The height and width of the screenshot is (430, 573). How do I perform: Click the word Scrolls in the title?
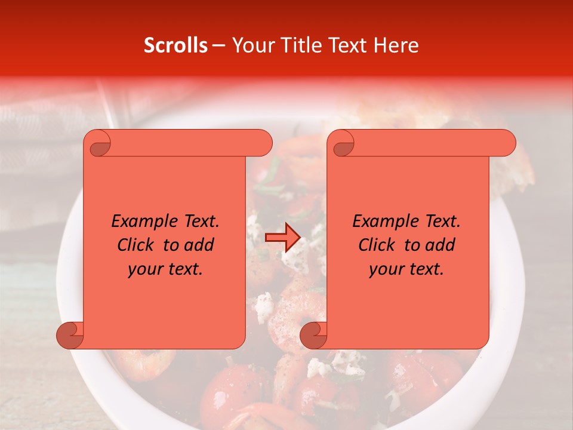point(176,45)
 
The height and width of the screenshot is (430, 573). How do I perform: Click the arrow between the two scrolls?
point(282,238)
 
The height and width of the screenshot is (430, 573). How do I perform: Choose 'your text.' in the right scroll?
point(406,269)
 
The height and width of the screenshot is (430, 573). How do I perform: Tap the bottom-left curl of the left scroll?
point(70,335)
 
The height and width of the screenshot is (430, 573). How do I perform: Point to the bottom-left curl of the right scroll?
point(313,335)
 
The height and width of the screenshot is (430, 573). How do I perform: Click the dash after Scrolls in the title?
point(218,45)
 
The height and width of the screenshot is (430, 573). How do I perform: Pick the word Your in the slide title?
point(251,45)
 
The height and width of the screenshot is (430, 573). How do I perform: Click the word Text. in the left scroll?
point(200,222)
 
